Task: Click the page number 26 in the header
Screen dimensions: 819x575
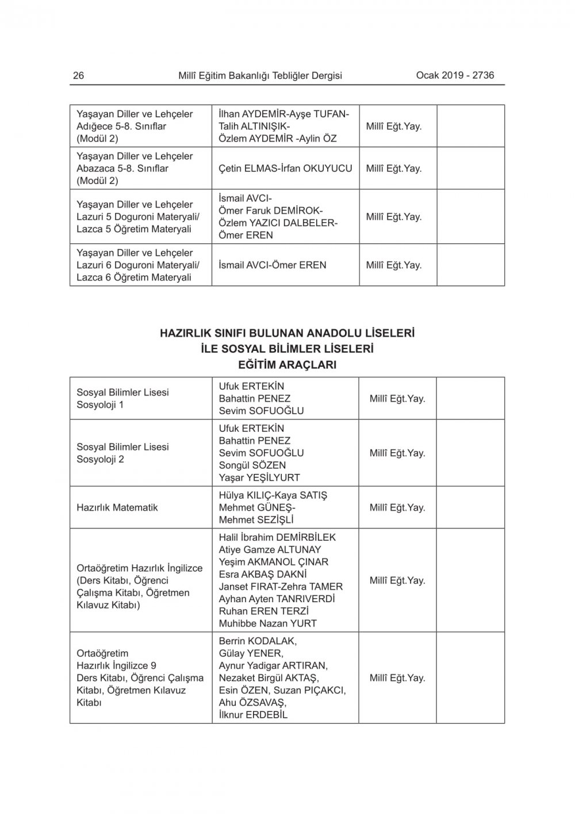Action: coord(78,75)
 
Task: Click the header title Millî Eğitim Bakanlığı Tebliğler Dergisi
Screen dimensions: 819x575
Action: coord(260,75)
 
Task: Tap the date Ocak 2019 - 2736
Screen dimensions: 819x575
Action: coord(455,75)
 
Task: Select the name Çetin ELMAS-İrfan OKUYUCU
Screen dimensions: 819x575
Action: coord(285,169)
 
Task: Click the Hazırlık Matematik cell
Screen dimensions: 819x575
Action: coord(117,508)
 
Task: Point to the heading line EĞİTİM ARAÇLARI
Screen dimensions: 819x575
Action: coord(287,365)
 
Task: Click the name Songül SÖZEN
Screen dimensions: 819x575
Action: coord(252,465)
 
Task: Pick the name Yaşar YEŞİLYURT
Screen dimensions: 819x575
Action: coord(259,477)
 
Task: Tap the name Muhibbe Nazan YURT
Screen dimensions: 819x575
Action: coord(268,623)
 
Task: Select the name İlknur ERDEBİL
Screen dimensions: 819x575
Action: coord(253,715)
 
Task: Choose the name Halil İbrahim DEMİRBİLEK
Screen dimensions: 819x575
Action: coord(277,537)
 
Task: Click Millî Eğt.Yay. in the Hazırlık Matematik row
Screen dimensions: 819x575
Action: coord(397,508)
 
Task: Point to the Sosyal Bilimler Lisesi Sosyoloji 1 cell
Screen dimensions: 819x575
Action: coord(123,399)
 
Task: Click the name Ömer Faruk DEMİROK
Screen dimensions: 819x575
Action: coord(271,211)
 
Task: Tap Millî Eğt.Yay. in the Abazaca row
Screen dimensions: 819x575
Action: coord(394,169)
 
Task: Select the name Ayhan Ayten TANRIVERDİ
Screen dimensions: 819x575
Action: coord(277,599)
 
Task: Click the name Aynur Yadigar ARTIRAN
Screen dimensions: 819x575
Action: coord(273,665)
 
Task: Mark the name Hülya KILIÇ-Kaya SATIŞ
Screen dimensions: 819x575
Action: coord(273,495)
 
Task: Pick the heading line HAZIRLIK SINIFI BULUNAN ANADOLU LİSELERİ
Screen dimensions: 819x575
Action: coord(287,334)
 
